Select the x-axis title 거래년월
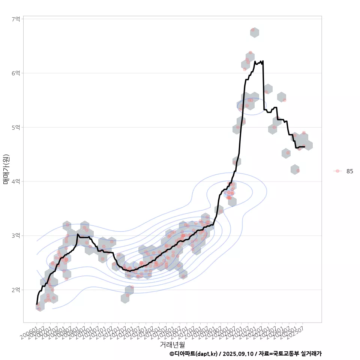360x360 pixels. (x=172, y=344)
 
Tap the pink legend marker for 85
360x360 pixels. (x=337, y=171)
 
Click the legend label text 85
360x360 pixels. (x=349, y=171)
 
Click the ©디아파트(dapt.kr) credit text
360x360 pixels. (x=193, y=354)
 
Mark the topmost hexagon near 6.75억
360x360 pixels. (x=255, y=32)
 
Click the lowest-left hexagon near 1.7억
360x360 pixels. (x=40, y=306)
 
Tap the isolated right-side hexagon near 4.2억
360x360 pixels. (x=295, y=169)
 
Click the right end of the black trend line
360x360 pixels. (x=304, y=147)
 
